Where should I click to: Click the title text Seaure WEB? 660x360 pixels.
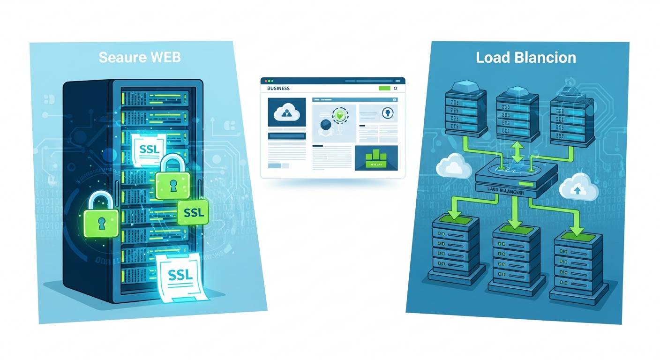tap(140, 58)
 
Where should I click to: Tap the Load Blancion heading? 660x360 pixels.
tap(525, 58)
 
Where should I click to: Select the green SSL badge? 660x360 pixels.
tap(193, 212)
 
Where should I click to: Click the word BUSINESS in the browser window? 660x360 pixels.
tap(278, 88)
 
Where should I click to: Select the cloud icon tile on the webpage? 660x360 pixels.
tap(286, 112)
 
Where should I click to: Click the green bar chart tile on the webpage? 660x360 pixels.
tap(376, 157)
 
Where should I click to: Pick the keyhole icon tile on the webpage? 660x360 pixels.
tap(386, 114)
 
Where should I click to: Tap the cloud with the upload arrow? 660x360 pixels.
tap(578, 187)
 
